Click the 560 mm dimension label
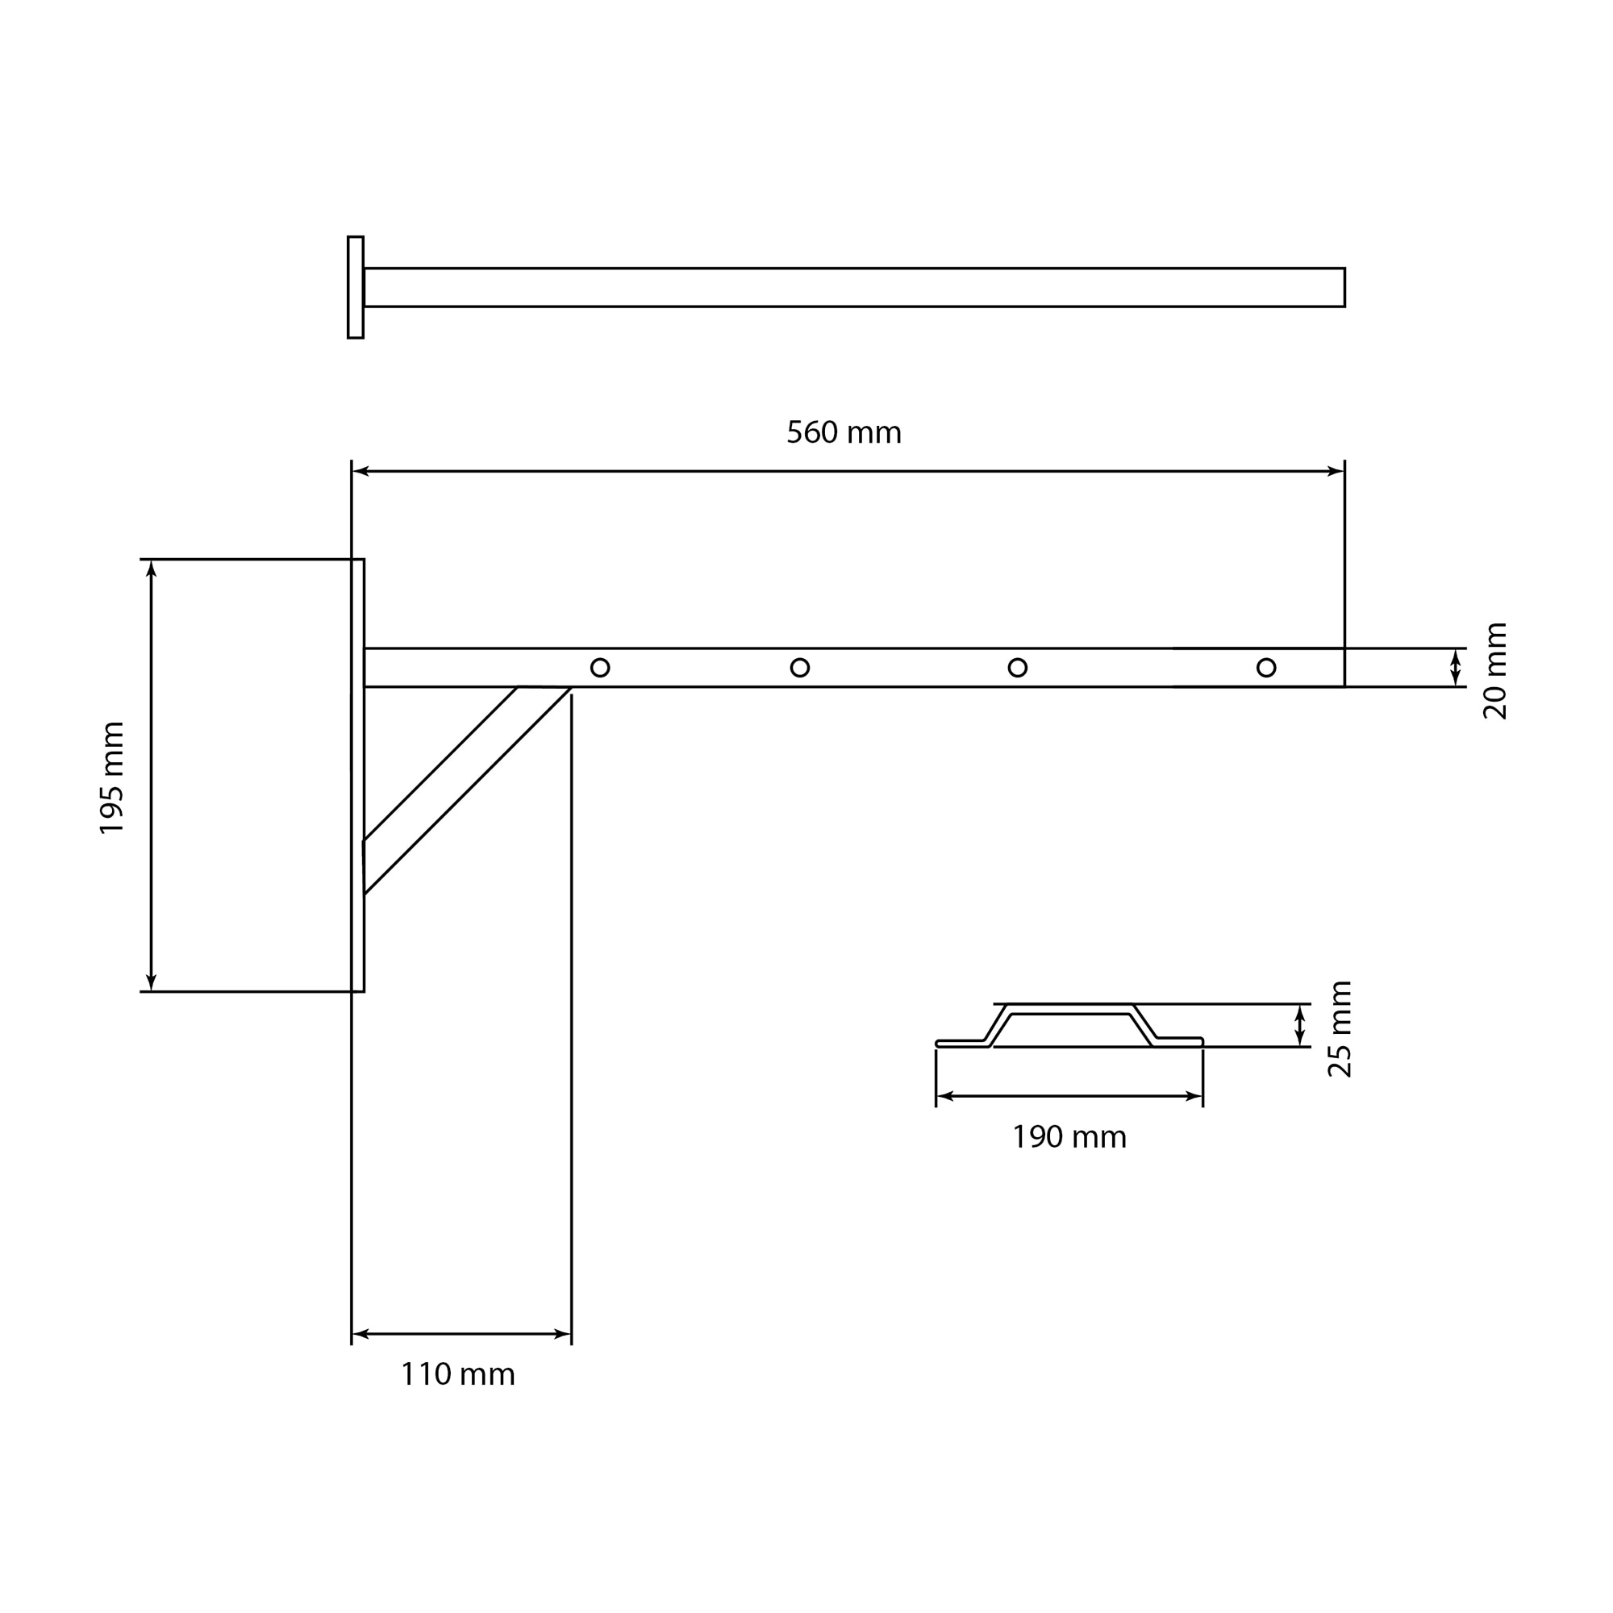tap(844, 432)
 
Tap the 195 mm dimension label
tap(112, 777)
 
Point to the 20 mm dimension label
tap(1494, 670)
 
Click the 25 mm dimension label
tap(1339, 1028)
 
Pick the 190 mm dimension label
tap(1069, 1137)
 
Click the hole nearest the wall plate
tap(599, 667)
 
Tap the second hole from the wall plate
tap(800, 667)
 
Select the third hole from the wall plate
tap(1017, 667)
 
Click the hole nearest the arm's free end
tap(1265, 667)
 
